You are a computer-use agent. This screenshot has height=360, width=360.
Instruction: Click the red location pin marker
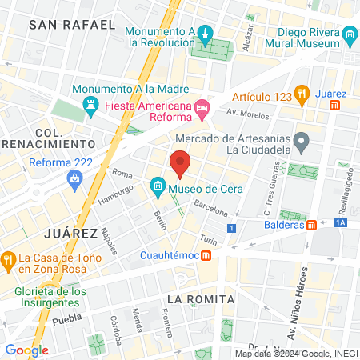click(180, 162)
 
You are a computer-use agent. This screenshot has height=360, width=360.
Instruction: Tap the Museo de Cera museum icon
click(158, 190)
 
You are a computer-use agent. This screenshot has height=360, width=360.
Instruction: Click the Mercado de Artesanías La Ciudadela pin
click(301, 142)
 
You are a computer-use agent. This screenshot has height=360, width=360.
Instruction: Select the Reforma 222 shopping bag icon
click(74, 178)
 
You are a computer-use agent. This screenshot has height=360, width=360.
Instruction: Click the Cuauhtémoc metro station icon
click(206, 255)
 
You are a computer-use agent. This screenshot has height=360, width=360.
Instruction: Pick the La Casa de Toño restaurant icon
click(8, 258)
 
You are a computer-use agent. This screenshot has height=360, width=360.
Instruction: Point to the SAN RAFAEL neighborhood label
click(71, 25)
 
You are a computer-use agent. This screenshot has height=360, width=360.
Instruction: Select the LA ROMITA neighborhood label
click(200, 299)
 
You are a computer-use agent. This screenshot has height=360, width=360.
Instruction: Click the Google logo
click(26, 350)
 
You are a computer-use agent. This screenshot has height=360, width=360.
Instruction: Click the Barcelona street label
click(211, 208)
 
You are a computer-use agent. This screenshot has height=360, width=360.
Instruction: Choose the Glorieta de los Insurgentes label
click(50, 298)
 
